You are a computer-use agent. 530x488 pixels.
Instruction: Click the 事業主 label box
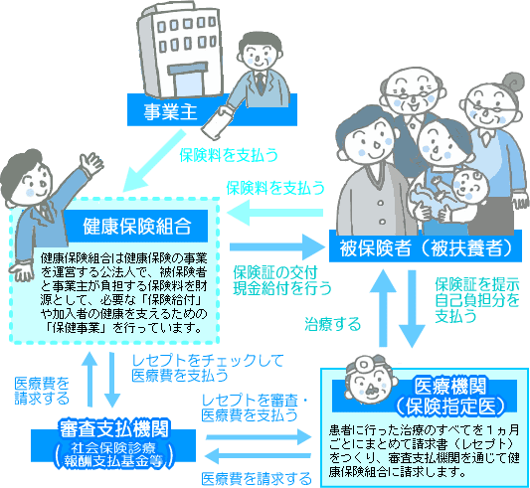pyautogui.click(x=212, y=110)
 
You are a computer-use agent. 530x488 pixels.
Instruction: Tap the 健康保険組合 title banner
pyautogui.click(x=137, y=226)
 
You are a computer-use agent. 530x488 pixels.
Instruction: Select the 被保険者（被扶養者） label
pyautogui.click(x=426, y=246)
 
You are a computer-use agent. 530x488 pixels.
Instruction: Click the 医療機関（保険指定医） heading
pyautogui.click(x=450, y=396)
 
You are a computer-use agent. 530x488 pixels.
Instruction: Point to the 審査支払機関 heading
pyautogui.click(x=113, y=428)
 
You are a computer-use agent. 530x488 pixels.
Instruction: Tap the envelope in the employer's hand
pyautogui.click(x=217, y=122)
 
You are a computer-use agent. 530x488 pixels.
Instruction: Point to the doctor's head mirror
pyautogui.click(x=364, y=364)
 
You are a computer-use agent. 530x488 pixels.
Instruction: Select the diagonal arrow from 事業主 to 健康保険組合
pyautogui.click(x=155, y=161)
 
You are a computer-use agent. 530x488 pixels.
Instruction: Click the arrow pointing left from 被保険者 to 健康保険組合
pyautogui.click(x=274, y=213)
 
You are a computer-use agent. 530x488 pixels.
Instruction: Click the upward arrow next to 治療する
pyautogui.click(x=383, y=307)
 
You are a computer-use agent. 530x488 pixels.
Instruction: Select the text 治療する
pyautogui.click(x=333, y=324)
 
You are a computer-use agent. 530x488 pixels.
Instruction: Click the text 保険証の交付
pyautogui.click(x=275, y=272)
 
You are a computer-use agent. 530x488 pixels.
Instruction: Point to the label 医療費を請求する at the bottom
pyautogui.click(x=257, y=479)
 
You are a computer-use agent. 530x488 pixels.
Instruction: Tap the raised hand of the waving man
pyautogui.click(x=90, y=163)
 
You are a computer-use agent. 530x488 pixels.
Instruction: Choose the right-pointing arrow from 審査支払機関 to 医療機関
pyautogui.click(x=259, y=438)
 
